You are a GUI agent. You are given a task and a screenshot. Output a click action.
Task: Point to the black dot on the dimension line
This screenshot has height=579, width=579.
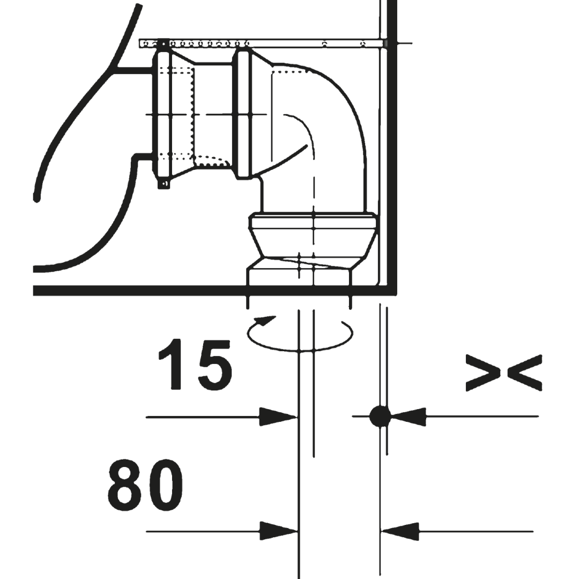(380, 416)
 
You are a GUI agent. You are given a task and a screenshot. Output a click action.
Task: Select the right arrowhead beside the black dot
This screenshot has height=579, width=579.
(408, 417)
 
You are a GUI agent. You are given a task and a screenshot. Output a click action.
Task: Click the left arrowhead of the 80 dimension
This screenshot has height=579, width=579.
(278, 531)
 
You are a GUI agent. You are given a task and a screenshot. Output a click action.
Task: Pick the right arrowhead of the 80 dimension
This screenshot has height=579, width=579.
(400, 531)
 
